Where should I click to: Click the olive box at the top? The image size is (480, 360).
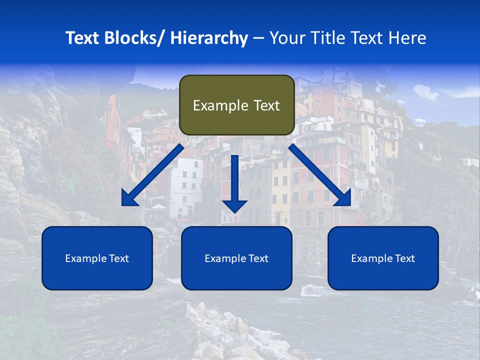pos(236,105)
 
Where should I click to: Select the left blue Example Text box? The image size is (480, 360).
pos(97,258)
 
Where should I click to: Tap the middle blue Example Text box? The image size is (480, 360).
pos(236,258)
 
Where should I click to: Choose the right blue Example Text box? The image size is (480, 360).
pos(383,258)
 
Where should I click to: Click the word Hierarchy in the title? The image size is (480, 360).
pos(209,38)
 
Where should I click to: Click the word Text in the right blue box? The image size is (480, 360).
pos(403,258)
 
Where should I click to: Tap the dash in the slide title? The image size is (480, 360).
pos(258,38)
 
